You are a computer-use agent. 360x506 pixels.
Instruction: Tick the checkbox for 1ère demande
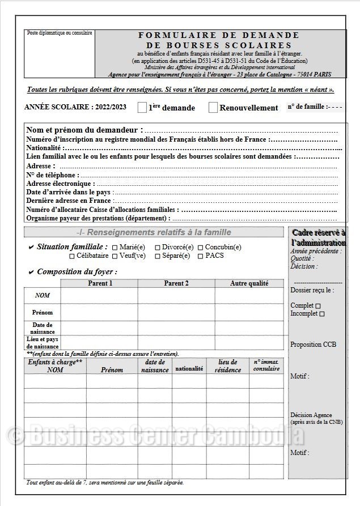coord(142,108)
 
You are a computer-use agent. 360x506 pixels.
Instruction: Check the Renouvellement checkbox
coord(213,108)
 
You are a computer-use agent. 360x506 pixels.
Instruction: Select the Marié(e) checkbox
coord(115,248)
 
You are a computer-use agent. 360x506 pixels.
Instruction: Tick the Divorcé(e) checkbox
coord(157,248)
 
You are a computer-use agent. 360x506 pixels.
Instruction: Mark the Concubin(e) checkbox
coord(200,248)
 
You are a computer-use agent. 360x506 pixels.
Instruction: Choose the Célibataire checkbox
coord(72,256)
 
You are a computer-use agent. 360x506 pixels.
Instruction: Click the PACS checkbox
coord(201,256)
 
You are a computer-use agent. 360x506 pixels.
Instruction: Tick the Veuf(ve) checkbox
coord(115,256)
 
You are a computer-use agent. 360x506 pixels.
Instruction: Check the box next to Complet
coord(318,306)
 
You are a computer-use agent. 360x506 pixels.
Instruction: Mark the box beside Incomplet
coord(322,314)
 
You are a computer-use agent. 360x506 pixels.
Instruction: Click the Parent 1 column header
coord(100,283)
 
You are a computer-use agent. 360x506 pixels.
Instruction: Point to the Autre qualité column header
coord(249,283)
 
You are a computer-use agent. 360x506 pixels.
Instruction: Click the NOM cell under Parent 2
coord(176,296)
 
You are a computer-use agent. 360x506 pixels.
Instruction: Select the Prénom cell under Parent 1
coord(99,312)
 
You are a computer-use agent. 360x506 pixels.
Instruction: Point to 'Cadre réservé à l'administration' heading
coord(318,237)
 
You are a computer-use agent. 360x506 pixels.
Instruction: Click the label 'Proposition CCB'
coord(313,345)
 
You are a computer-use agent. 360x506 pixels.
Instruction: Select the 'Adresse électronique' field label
coord(60,184)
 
